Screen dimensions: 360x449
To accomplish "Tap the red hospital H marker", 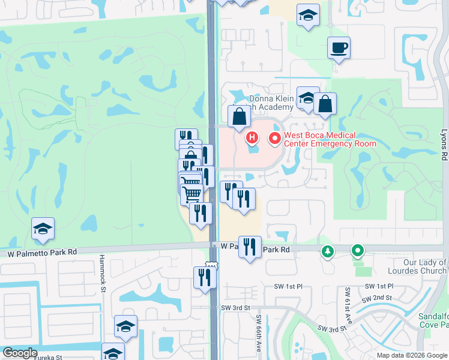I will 252,139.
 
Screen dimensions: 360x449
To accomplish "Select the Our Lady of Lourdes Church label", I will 425,266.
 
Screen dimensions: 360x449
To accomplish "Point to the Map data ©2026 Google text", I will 412,355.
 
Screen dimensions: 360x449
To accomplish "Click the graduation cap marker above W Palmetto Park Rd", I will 43,229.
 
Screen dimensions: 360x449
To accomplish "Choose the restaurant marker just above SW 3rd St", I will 205,277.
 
